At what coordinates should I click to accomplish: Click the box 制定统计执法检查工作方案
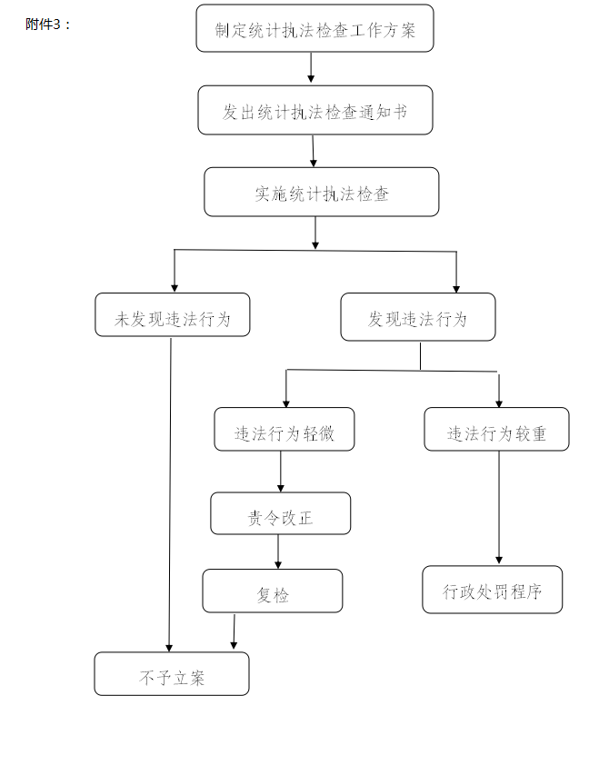point(314,29)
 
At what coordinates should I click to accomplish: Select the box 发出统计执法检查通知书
point(315,111)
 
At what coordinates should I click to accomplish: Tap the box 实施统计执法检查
point(321,193)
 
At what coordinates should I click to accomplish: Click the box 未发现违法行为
point(172,315)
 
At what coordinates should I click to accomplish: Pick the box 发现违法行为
point(417,317)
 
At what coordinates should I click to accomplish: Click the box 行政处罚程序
point(492,590)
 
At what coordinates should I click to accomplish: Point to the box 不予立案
point(171,674)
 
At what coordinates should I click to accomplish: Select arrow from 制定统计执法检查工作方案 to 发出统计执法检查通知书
point(311,68)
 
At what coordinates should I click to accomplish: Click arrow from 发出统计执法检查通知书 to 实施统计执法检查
point(314,151)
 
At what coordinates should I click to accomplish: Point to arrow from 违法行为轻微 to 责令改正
point(280,472)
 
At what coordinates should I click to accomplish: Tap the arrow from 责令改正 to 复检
point(278,551)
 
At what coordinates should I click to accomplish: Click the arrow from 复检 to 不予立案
point(234,631)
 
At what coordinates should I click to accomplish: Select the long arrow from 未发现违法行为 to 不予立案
point(170,491)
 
